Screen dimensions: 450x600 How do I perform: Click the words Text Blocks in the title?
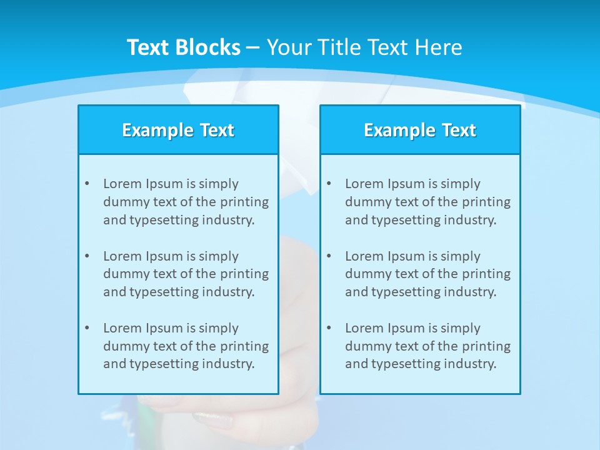(x=183, y=47)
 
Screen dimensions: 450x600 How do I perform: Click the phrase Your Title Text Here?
(x=364, y=47)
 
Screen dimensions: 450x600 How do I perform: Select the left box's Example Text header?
(x=178, y=130)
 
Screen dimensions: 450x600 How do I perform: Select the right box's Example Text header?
(x=420, y=130)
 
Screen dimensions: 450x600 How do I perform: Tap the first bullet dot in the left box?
(x=87, y=184)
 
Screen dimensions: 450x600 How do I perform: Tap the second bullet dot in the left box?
(x=87, y=256)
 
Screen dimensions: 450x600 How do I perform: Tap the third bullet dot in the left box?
(x=87, y=328)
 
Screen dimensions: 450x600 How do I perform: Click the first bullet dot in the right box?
(x=329, y=184)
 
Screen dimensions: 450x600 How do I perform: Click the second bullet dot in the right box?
(x=329, y=256)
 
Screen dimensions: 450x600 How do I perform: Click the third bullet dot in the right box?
(x=329, y=328)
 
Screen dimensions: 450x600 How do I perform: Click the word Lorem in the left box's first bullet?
(x=122, y=184)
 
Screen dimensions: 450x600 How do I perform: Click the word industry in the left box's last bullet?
(x=229, y=364)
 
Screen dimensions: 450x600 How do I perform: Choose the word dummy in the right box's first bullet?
(x=365, y=202)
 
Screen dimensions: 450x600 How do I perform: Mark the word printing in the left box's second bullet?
(x=245, y=274)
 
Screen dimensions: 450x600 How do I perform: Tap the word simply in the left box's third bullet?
(x=218, y=329)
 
